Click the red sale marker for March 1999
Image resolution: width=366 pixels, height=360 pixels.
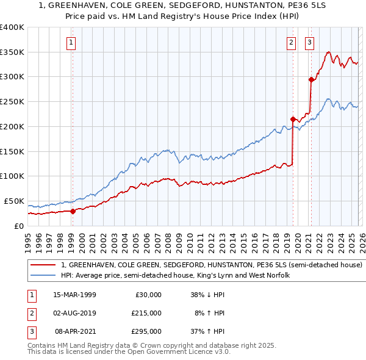73,211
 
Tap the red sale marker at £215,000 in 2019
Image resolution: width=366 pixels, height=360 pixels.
293,119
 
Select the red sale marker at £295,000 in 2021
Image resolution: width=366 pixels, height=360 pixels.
311,79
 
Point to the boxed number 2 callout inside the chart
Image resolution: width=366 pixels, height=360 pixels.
292,42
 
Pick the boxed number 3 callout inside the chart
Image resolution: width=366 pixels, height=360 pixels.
310,42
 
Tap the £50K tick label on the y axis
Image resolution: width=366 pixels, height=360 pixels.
13,201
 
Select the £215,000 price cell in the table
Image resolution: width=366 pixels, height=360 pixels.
146,313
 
